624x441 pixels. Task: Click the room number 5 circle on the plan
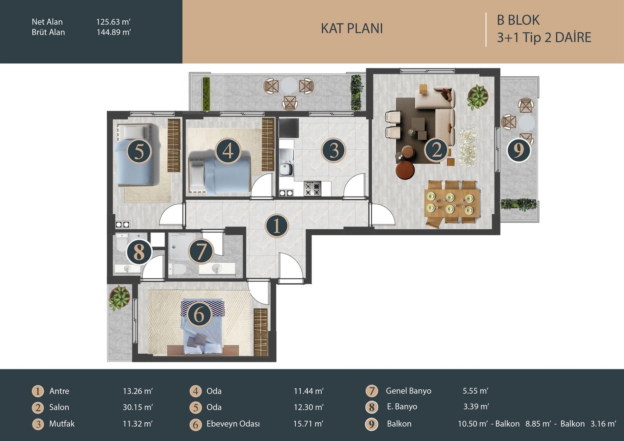pos(139,152)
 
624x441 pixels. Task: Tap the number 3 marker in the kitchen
pos(333,150)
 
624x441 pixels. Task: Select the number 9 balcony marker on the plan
pos(518,150)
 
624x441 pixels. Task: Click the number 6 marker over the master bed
pos(199,315)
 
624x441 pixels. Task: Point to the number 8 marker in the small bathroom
pos(139,252)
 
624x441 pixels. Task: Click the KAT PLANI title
pos(352,28)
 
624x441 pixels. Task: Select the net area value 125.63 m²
pos(113,22)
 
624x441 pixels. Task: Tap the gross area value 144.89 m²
pos(113,32)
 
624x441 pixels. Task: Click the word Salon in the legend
pos(59,407)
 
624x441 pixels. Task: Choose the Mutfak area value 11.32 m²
pos(138,424)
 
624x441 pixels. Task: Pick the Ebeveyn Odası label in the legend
pos(233,424)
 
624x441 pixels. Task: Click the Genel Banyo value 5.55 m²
pos(475,391)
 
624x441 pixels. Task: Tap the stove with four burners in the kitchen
pos(312,189)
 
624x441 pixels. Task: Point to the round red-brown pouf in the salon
pos(405,170)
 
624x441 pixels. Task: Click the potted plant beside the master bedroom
pos(119,298)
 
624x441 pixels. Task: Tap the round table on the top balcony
pos(289,85)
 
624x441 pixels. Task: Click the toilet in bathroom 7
pos(177,269)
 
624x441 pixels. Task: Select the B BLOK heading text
pos(518,20)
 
